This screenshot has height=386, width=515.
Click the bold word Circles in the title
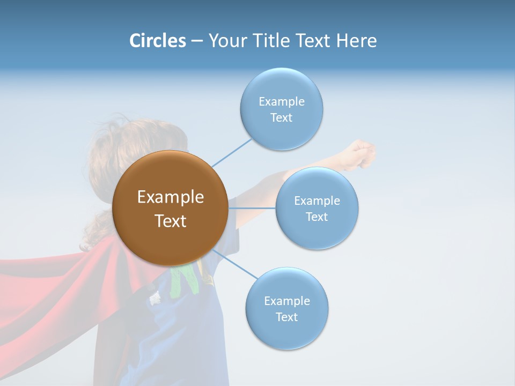(x=157, y=41)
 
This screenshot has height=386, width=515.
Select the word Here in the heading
(x=356, y=41)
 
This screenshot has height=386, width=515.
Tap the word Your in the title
(x=227, y=41)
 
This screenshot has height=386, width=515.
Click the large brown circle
(x=170, y=244)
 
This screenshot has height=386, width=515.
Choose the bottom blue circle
(x=286, y=332)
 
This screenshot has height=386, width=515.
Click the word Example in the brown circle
(x=170, y=197)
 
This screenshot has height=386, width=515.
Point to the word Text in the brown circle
(x=170, y=221)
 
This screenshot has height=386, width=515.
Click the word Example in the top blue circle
(x=281, y=102)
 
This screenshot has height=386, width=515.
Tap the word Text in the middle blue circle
(x=317, y=217)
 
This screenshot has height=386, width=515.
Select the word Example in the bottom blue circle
(x=286, y=301)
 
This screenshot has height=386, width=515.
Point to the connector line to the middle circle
(x=252, y=207)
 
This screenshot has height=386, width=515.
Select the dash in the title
(x=197, y=41)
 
